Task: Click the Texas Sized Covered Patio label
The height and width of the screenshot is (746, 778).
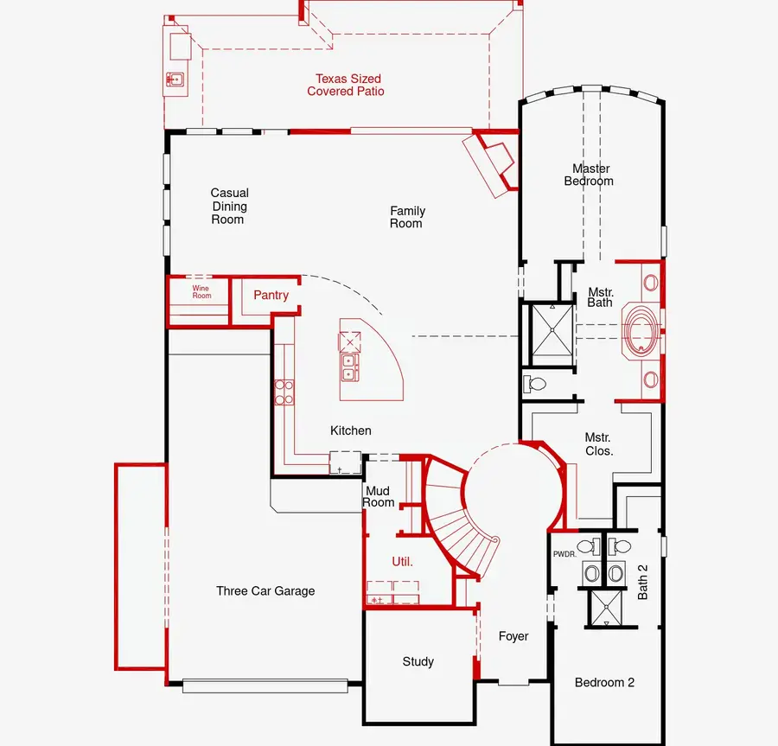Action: click(346, 85)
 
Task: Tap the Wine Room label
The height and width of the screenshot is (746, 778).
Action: click(201, 291)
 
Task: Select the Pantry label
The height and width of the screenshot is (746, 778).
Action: click(271, 295)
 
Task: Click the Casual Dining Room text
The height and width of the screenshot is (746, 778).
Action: click(229, 206)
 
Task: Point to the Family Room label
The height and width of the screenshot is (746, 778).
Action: click(407, 217)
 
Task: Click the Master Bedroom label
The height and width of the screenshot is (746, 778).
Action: click(589, 175)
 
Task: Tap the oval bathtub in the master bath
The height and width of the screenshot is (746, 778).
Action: click(642, 328)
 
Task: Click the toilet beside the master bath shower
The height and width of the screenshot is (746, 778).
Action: click(534, 384)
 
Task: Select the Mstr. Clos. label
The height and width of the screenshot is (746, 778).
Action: click(598, 444)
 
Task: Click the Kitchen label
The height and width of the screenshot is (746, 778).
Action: click(351, 430)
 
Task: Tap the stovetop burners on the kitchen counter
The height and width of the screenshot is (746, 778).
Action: click(284, 392)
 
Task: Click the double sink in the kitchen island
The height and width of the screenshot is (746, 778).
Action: click(349, 367)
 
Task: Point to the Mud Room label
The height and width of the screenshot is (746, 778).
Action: click(378, 496)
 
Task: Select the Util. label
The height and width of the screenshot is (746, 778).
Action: click(402, 562)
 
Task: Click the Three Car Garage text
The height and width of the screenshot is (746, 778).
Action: click(265, 590)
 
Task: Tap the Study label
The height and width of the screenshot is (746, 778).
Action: click(418, 661)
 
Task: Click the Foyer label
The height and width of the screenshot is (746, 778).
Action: click(513, 636)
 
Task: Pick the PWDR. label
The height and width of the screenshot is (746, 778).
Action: click(564, 554)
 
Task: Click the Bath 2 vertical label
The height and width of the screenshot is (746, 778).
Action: click(642, 582)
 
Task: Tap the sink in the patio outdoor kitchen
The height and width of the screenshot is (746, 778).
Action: click(175, 79)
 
